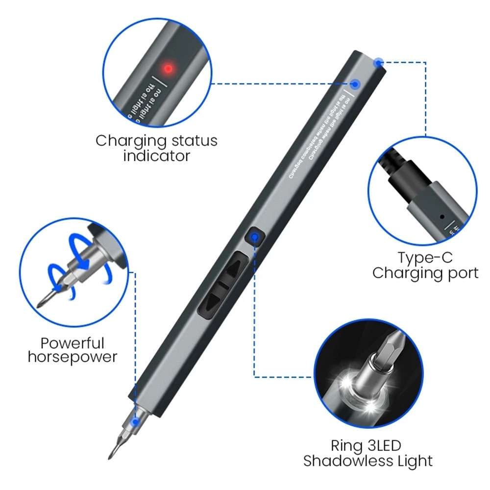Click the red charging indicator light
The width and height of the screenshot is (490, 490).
tap(168, 69)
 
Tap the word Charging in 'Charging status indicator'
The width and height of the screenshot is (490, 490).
tap(129, 141)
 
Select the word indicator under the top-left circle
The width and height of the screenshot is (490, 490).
tap(156, 157)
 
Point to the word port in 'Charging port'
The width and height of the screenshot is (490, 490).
tap(460, 273)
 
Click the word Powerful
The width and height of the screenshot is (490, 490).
tap(73, 343)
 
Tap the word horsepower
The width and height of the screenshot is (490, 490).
tap(73, 357)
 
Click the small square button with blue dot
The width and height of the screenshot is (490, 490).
tap(253, 238)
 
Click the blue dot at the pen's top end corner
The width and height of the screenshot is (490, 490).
tap(378, 62)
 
